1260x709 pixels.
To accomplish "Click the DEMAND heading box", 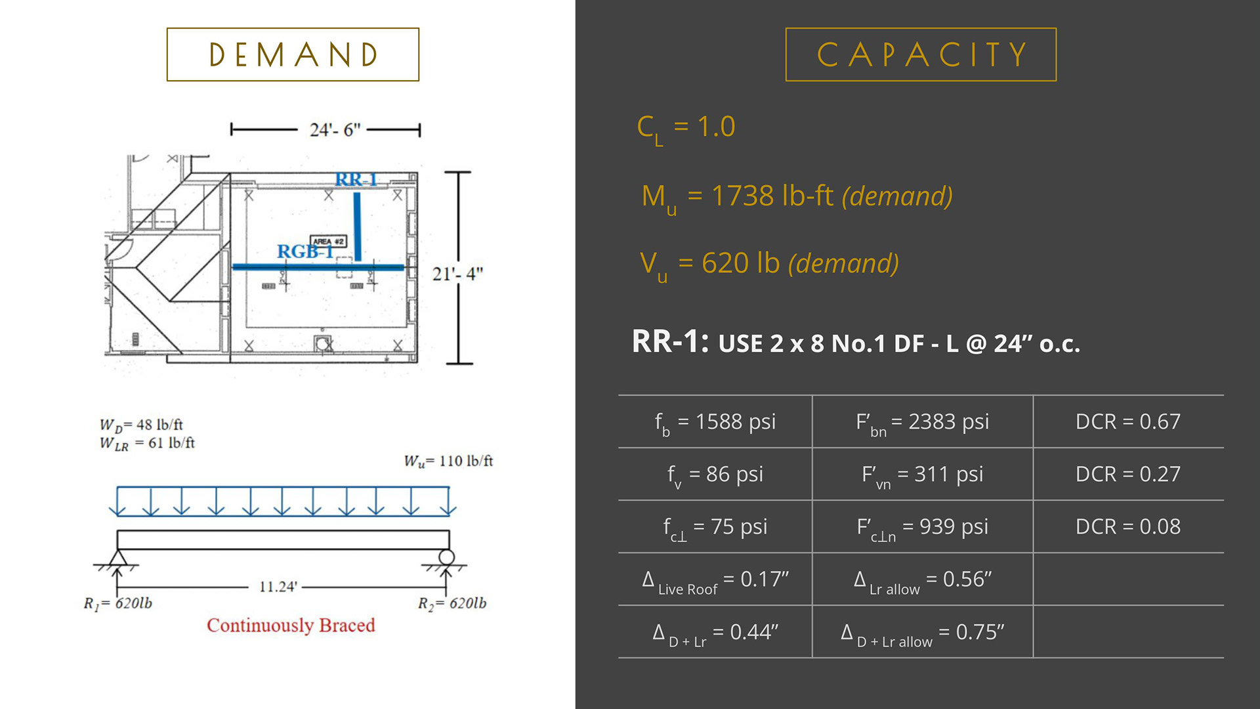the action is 293,54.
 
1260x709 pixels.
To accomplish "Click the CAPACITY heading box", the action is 921,54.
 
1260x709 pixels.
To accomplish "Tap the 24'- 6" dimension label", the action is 335,130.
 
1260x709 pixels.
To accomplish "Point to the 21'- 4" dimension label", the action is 457,274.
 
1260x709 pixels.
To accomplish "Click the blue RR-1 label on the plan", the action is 356,179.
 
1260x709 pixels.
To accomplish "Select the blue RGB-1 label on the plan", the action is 303,251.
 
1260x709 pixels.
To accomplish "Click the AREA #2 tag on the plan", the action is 328,242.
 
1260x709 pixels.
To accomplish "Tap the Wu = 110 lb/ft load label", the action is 448,461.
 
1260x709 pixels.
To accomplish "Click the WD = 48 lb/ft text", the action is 141,425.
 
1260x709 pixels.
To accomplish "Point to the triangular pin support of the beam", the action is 118,558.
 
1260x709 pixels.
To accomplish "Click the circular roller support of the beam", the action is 447,557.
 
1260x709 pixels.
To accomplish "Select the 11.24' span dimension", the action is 278,586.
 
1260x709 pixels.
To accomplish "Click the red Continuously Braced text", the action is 291,625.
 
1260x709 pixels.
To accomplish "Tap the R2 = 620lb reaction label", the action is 452,603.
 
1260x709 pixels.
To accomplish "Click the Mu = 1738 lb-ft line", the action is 797,196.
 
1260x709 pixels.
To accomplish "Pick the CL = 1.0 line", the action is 686,127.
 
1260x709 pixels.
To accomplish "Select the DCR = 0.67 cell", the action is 1127,421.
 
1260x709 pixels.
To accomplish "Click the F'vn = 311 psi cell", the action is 922,474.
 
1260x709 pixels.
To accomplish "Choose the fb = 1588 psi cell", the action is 715,421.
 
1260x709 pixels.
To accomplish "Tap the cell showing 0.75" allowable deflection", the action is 922,632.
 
